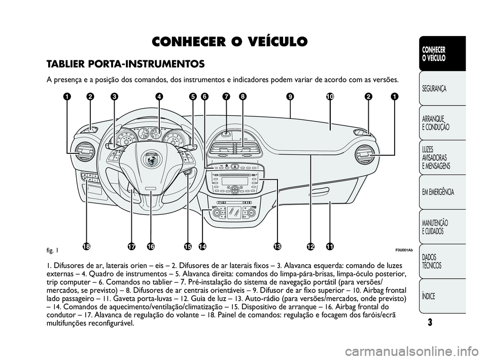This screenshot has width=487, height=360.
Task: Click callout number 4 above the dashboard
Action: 159,96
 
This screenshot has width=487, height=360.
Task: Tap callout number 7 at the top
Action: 226,96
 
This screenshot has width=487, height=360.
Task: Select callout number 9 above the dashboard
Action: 290,96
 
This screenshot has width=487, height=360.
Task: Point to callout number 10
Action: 330,96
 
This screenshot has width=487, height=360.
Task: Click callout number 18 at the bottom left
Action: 87,247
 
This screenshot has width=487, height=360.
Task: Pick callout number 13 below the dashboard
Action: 277,247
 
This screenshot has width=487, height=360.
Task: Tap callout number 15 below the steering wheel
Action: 188,247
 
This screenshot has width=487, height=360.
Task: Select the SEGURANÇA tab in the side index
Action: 434,89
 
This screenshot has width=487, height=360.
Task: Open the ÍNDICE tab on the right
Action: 429,296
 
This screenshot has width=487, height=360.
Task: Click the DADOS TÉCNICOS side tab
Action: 432,261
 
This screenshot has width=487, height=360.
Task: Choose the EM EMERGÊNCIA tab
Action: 438,192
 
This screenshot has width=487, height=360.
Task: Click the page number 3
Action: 430,322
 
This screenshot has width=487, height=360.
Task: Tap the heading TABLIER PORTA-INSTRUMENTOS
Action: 125,64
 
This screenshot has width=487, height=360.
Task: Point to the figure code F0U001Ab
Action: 404,250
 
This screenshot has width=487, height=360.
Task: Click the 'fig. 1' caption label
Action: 53,250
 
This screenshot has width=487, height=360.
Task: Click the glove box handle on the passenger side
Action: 320,190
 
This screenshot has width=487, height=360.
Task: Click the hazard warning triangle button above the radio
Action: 235,167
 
